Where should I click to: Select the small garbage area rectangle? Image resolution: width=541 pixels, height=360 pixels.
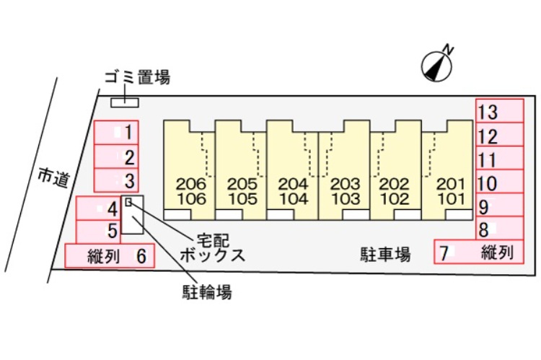tap(124, 102)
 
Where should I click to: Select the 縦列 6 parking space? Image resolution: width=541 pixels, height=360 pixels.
tap(110, 255)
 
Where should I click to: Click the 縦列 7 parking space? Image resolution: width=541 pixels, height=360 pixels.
tap(478, 252)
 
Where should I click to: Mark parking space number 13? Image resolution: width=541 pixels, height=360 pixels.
tap(499, 112)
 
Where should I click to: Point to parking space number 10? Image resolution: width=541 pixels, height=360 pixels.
tap(499, 183)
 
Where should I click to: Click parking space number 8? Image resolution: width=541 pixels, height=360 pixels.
tap(499, 229)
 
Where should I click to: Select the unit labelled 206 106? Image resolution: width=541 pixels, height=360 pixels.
tap(190, 170)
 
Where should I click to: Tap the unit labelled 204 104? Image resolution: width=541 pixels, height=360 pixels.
tap(292, 170)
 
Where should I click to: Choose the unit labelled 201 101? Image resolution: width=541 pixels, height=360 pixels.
tap(447, 170)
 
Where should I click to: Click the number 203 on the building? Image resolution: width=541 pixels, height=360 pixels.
tap(344, 183)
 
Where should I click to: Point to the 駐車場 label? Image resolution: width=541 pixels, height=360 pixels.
tap(385, 254)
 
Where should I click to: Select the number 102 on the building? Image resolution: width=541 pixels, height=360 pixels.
tap(395, 198)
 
